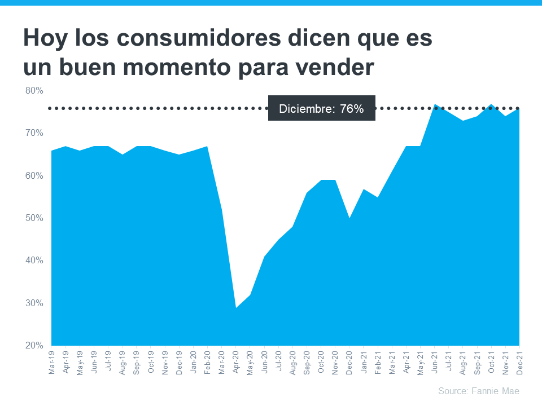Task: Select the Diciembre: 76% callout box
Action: (x=321, y=108)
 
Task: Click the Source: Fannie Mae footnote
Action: (x=478, y=391)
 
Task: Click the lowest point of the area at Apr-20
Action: (x=236, y=308)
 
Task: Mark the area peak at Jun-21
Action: (x=435, y=104)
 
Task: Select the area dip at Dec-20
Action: (x=349, y=218)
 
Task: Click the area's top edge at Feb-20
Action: (x=207, y=147)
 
